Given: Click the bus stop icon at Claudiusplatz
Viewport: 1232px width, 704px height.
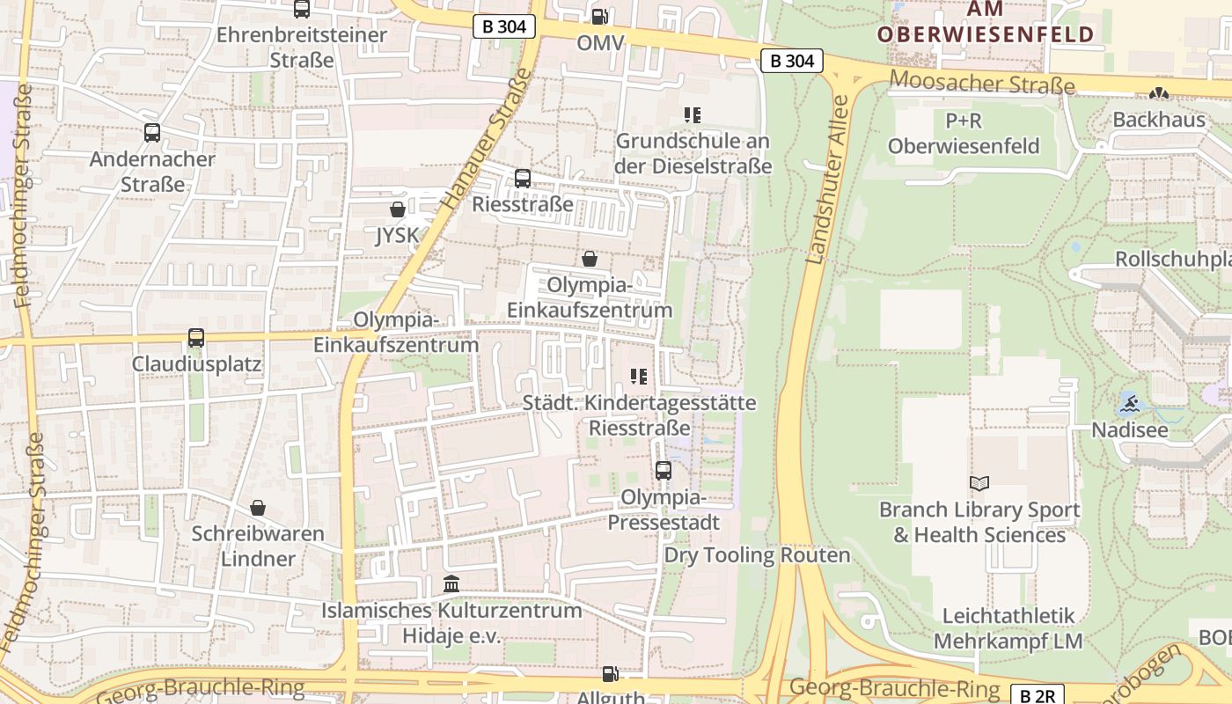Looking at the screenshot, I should pyautogui.click(x=196, y=338).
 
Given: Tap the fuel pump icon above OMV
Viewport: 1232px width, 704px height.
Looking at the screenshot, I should pyautogui.click(x=599, y=16).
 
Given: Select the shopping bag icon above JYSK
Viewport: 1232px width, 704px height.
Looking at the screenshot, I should pyautogui.click(x=398, y=209).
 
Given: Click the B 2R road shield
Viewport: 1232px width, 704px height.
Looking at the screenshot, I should pyautogui.click(x=1036, y=695).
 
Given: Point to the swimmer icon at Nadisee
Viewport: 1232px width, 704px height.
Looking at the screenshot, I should pyautogui.click(x=1130, y=405).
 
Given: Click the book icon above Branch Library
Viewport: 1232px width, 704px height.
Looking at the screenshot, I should pyautogui.click(x=979, y=483).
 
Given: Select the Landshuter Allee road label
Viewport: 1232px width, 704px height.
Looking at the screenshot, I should pyautogui.click(x=827, y=180).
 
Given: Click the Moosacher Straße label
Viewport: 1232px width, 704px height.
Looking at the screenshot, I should pyautogui.click(x=982, y=84).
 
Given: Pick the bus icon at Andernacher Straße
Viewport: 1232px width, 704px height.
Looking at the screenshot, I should pyautogui.click(x=152, y=133).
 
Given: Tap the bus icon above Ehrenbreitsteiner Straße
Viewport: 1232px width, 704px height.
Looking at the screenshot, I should pyautogui.click(x=302, y=9).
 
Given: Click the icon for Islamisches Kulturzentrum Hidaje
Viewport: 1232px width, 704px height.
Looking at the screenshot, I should pyautogui.click(x=451, y=584).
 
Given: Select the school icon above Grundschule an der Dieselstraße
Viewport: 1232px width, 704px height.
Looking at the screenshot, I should pyautogui.click(x=693, y=114).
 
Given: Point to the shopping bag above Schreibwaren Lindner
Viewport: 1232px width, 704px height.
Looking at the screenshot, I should pyautogui.click(x=258, y=508).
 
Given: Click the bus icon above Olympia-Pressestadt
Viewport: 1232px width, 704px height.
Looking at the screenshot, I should pyautogui.click(x=664, y=471).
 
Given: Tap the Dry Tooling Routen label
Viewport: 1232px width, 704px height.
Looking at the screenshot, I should pyautogui.click(x=757, y=555).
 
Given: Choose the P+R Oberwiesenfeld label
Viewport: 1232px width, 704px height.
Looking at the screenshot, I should pyautogui.click(x=964, y=133).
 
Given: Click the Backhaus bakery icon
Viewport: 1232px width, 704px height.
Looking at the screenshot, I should pyautogui.click(x=1159, y=92).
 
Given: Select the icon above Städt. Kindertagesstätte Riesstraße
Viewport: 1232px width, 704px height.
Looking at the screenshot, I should pyautogui.click(x=639, y=377).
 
